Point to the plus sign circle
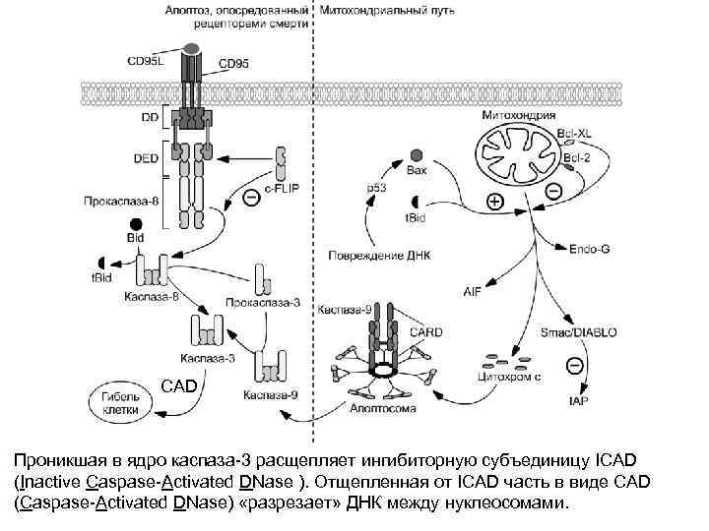(495, 202)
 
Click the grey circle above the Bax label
(417, 154)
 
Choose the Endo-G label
(589, 249)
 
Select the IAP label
(579, 401)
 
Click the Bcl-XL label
(574, 132)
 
